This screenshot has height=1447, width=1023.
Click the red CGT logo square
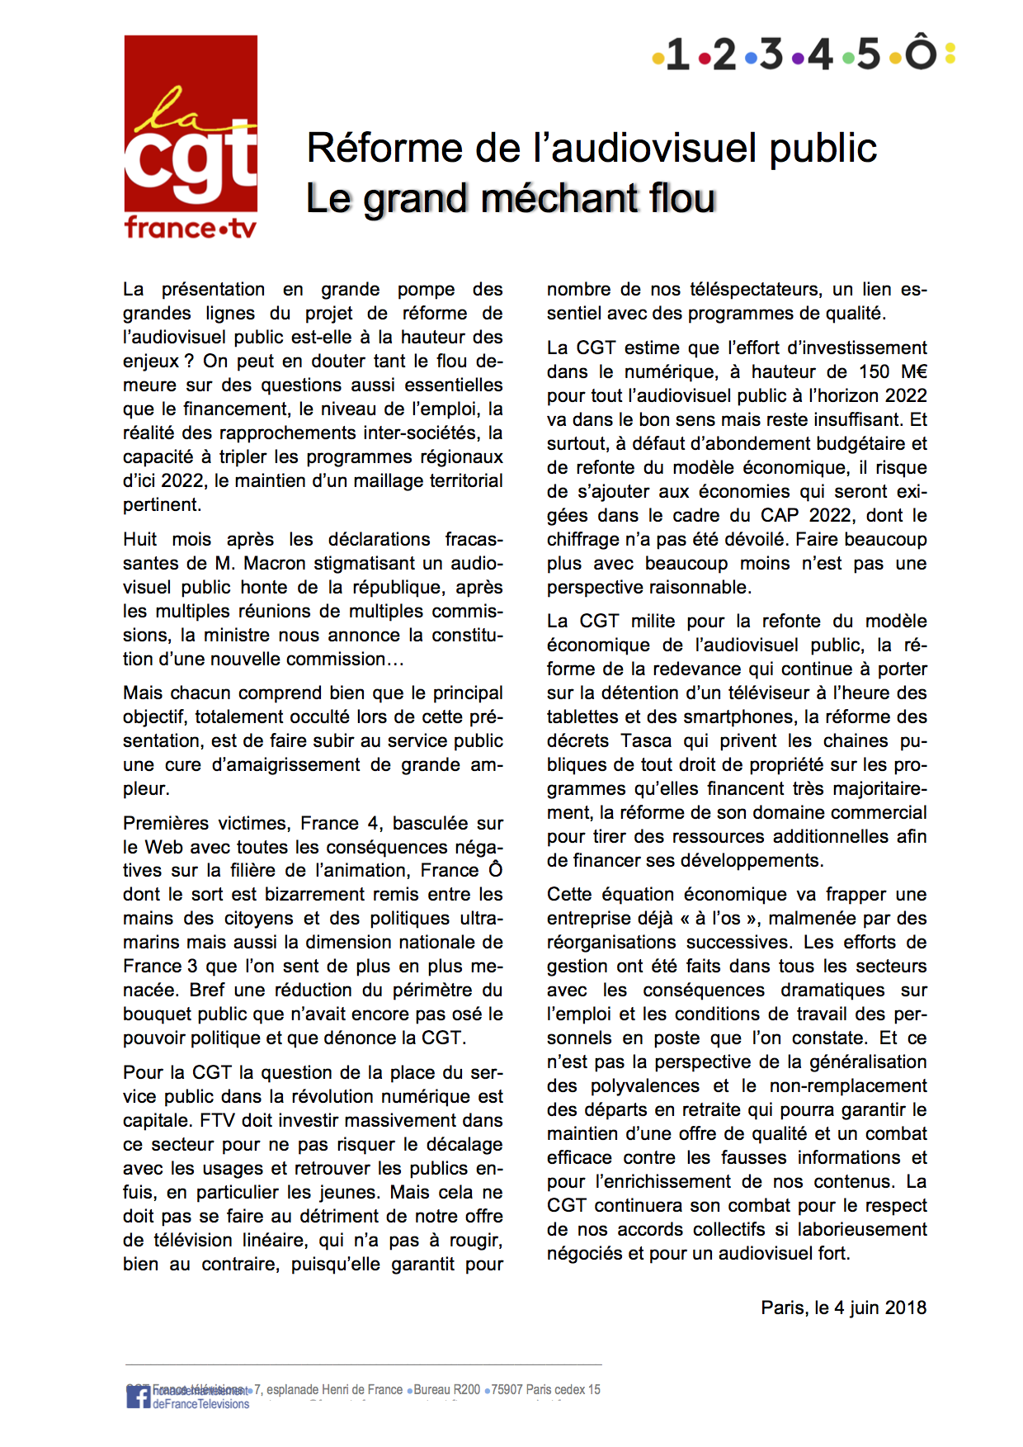(191, 124)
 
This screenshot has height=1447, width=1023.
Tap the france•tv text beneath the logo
(191, 227)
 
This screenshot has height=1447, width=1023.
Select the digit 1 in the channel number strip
(677, 54)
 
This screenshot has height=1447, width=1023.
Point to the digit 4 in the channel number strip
(819, 54)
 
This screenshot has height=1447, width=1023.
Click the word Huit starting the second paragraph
(140, 539)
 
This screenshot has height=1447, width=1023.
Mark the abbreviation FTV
(217, 1120)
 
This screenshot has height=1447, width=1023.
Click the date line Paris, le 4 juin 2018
(843, 1308)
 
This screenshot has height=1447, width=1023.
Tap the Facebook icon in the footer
(138, 1397)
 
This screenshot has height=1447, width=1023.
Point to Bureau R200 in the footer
(446, 1390)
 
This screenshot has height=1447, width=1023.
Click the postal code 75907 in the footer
(507, 1390)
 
